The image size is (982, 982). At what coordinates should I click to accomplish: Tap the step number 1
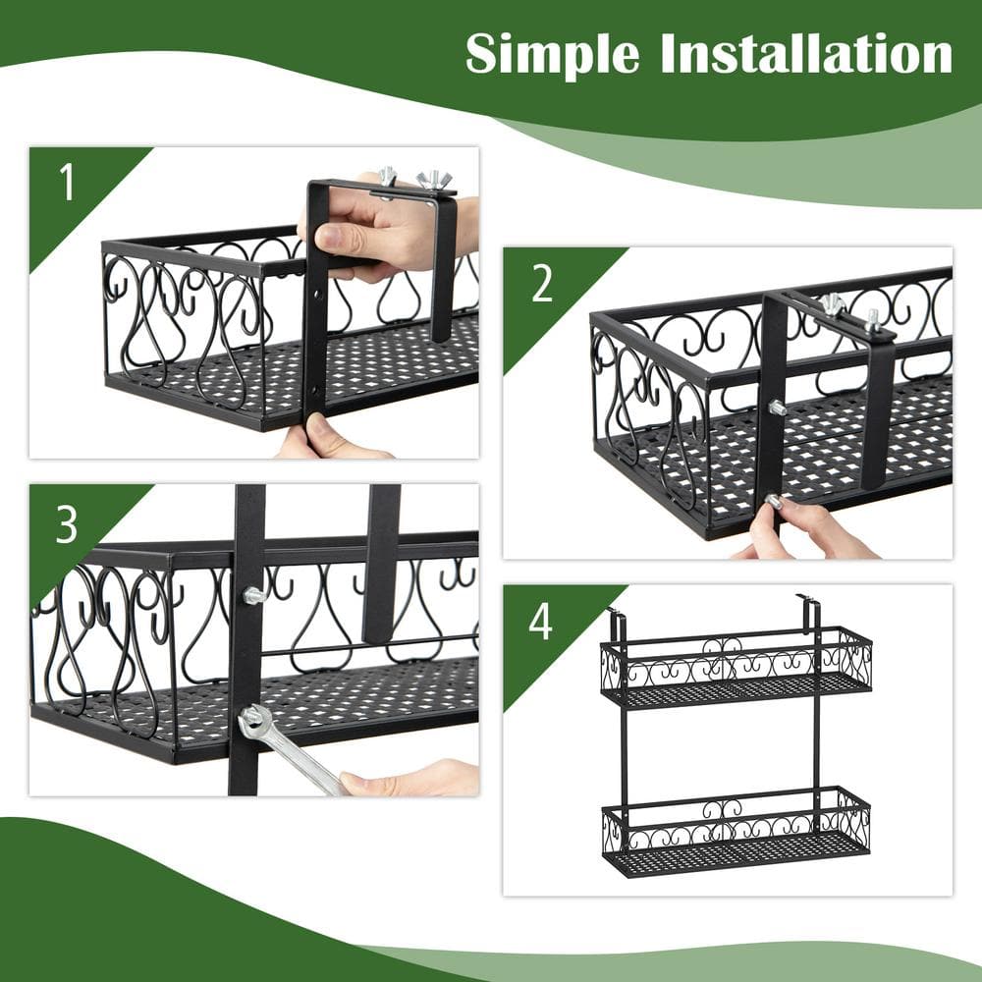pyautogui.click(x=67, y=184)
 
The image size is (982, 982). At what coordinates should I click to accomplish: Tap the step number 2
pyautogui.click(x=541, y=284)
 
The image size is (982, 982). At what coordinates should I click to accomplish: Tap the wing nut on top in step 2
pyautogui.click(x=833, y=303)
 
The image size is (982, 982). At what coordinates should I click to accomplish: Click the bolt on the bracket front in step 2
pyautogui.click(x=777, y=408)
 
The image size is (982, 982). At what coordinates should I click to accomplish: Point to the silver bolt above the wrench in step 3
pyautogui.click(x=253, y=595)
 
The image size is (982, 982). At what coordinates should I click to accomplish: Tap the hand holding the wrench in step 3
pyautogui.click(x=412, y=779)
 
